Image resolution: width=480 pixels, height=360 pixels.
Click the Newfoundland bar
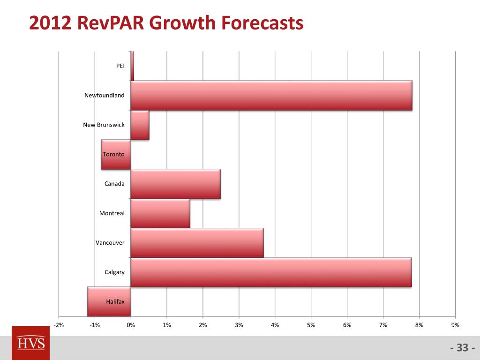[x=271, y=96]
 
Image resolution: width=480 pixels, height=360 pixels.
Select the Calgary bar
[x=271, y=272]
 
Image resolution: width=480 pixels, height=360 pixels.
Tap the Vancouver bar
[x=197, y=243]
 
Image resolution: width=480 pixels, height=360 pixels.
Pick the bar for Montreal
[x=160, y=213]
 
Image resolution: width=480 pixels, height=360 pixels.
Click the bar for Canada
[x=176, y=184]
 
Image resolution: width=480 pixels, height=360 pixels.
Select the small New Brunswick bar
[x=140, y=125]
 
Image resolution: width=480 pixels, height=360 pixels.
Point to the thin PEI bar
[x=132, y=66]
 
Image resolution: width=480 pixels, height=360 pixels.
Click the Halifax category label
[x=115, y=302]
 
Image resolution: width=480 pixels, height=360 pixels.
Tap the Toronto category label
[x=113, y=154]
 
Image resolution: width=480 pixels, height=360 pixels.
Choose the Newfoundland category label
[x=105, y=95]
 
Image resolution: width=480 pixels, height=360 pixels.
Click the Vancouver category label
[x=110, y=243]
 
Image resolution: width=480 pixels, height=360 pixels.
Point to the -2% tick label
[x=59, y=325]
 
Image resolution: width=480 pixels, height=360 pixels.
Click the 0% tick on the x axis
[x=131, y=325]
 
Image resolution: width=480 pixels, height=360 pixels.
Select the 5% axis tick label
[x=311, y=325]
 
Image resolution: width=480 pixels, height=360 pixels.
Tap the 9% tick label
[x=455, y=325]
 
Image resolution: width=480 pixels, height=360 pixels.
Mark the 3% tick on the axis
[x=239, y=325]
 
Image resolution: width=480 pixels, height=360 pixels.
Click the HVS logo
[x=30, y=343]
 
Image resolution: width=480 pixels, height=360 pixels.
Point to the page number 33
[x=463, y=348]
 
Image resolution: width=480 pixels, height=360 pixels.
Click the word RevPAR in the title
[x=111, y=23]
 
